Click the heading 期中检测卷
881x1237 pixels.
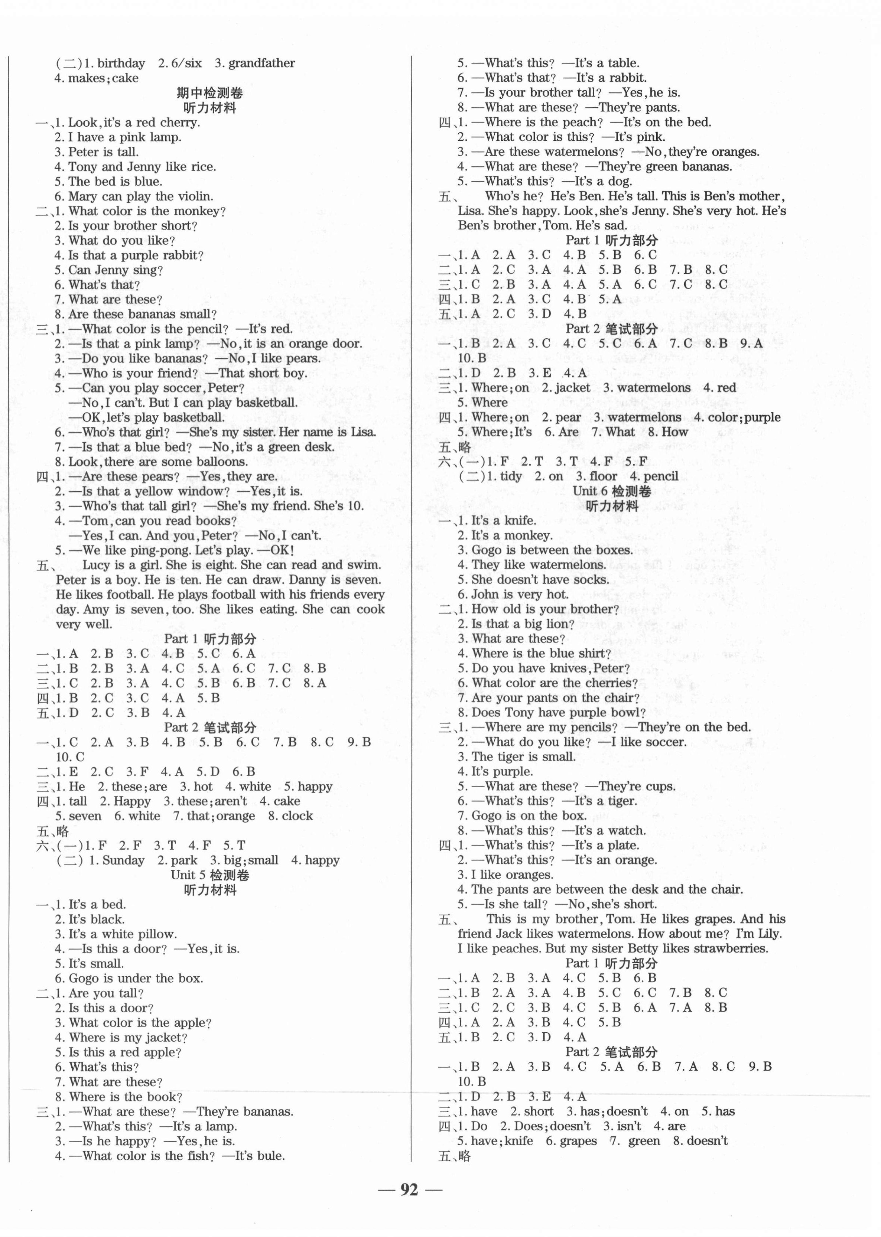(x=209, y=93)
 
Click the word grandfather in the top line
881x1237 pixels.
(x=261, y=64)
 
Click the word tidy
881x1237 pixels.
(x=508, y=477)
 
